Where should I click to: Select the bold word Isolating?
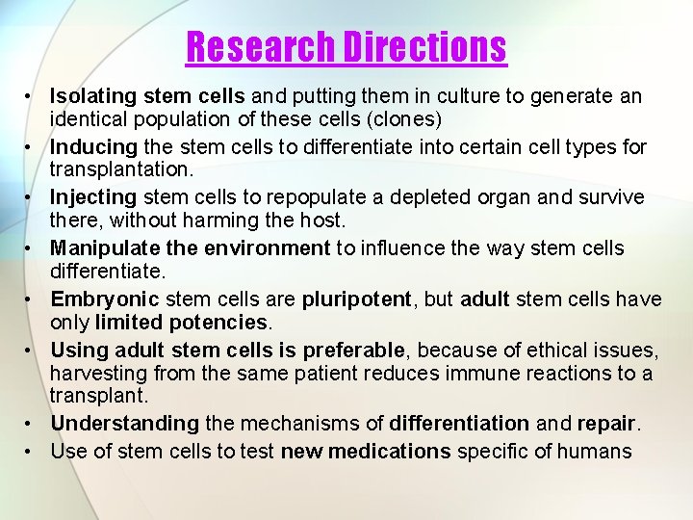coord(93,96)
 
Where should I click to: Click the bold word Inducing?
coord(94,147)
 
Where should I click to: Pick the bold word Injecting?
coord(93,197)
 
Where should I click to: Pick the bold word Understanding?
coord(124,423)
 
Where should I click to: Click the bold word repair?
coord(606,423)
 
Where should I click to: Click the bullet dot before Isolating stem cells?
coord(31,96)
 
